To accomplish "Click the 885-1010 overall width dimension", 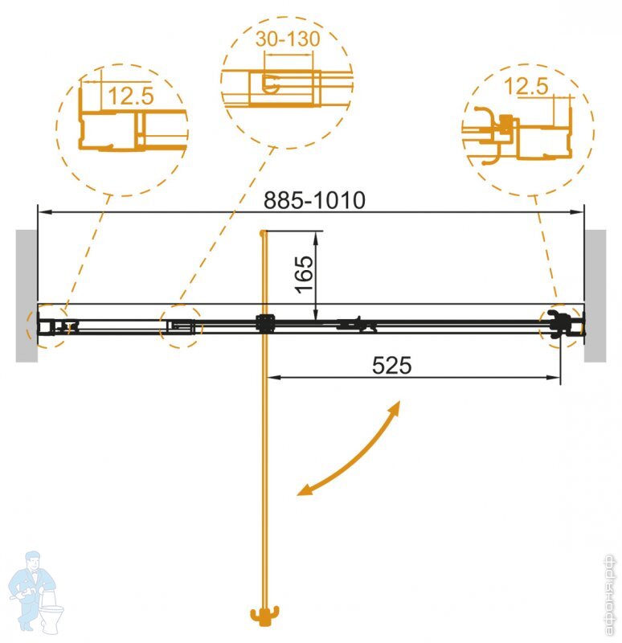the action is pyautogui.click(x=314, y=200).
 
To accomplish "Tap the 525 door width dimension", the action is pyautogui.click(x=391, y=365).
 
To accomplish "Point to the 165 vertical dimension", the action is pyautogui.click(x=305, y=274).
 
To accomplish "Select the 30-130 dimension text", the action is pyautogui.click(x=288, y=39).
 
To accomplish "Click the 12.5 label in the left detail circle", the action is pyautogui.click(x=131, y=96).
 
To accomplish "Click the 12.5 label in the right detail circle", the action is pyautogui.click(x=526, y=87).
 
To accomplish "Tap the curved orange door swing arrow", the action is pyautogui.click(x=348, y=449).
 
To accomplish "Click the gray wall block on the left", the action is pyautogui.click(x=27, y=296).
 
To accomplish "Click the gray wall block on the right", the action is pyautogui.click(x=595, y=296).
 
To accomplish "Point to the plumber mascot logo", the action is pyautogui.click(x=36, y=591).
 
